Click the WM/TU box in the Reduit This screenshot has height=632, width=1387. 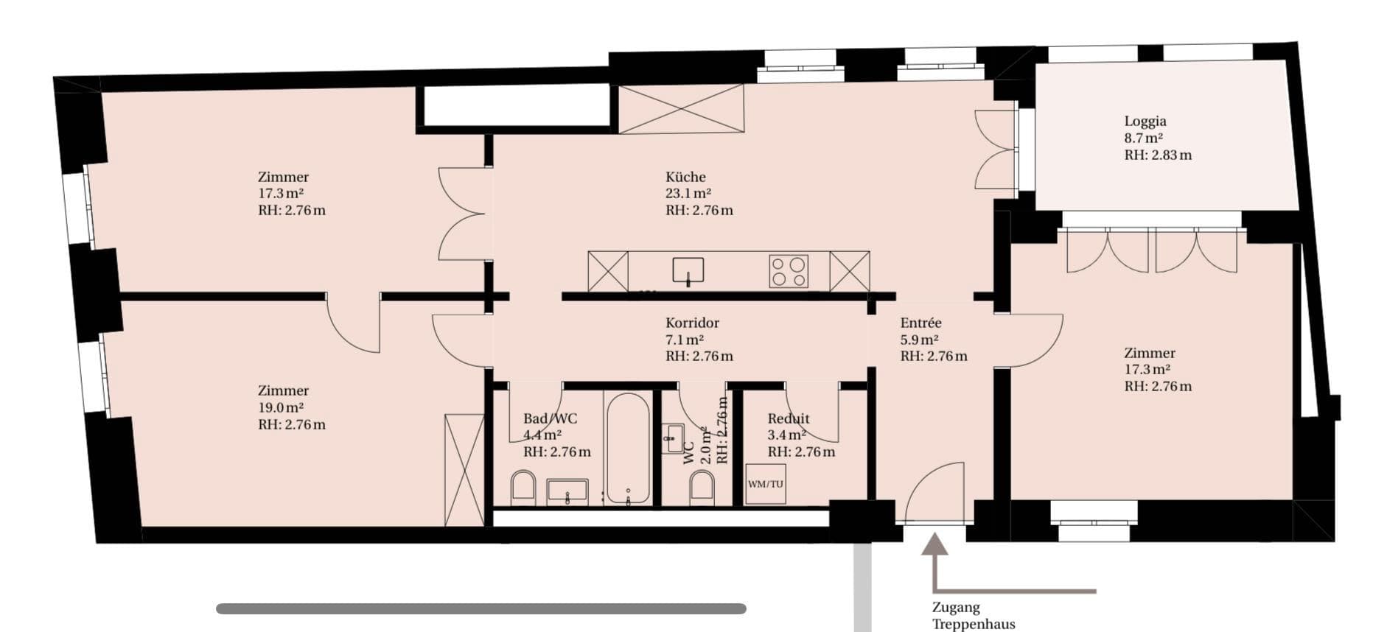point(765,484)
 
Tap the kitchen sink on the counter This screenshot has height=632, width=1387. point(688,270)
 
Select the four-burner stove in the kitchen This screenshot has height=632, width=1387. point(789,271)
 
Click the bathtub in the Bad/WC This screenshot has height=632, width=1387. point(627,447)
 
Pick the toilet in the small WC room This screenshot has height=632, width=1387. point(702,487)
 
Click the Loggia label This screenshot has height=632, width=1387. point(1145,122)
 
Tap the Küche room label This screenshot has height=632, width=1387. point(685,177)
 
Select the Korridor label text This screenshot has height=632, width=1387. point(692,323)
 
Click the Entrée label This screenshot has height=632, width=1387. point(920,323)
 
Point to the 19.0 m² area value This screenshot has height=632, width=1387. point(281,407)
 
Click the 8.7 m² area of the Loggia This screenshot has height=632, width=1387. point(1143,138)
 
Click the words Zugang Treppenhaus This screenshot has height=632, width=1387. point(974,616)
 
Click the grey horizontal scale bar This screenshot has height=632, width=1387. point(481,608)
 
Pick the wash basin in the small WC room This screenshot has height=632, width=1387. point(672,438)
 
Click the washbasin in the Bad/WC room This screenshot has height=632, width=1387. point(567,492)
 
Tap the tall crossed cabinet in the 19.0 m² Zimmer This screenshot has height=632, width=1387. point(464,470)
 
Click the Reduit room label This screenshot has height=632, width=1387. point(789,418)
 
